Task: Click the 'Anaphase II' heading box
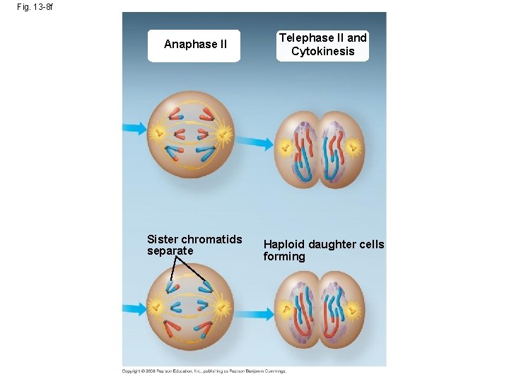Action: (194, 45)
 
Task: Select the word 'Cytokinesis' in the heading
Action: (322, 51)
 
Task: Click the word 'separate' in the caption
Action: (170, 250)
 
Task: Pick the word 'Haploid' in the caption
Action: (285, 244)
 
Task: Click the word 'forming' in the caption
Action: (284, 256)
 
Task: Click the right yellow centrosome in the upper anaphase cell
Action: (225, 132)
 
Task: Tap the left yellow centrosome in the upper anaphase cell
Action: (156, 132)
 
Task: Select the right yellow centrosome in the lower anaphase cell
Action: (224, 307)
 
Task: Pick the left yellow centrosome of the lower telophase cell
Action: (286, 309)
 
